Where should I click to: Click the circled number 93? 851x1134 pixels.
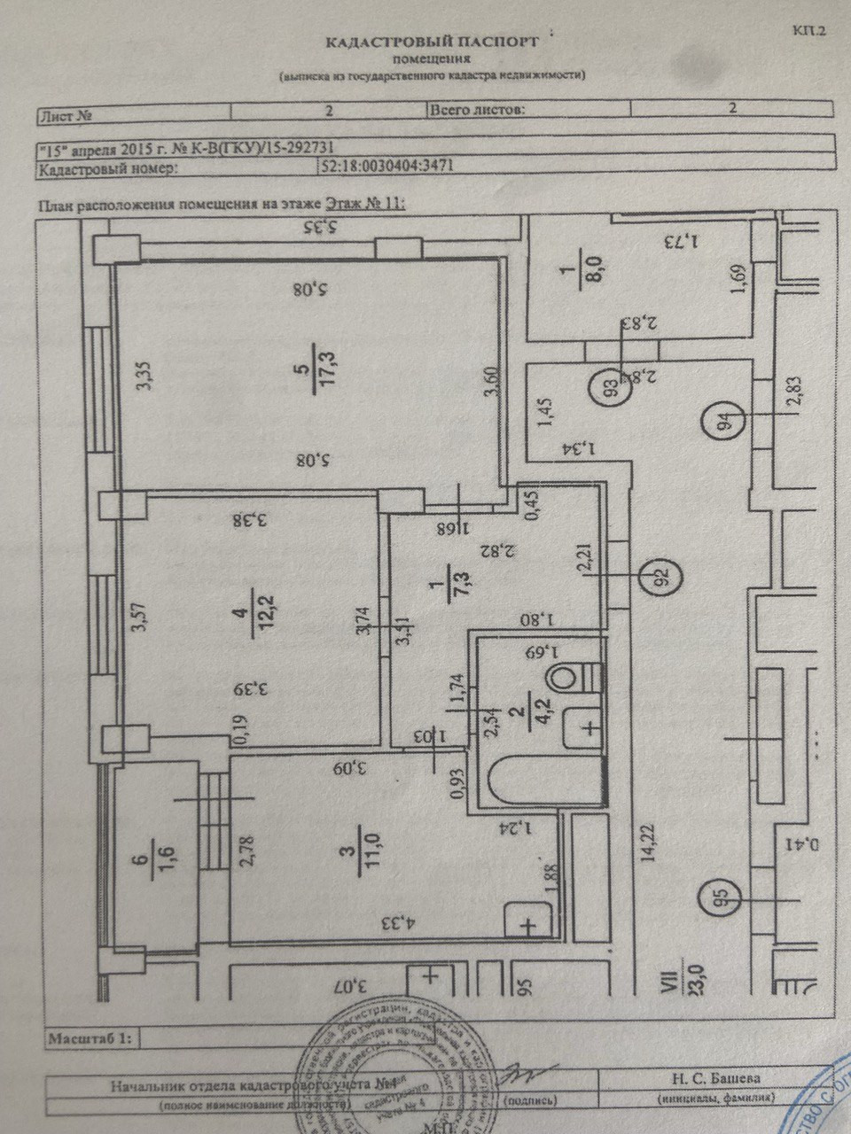pyautogui.click(x=608, y=388)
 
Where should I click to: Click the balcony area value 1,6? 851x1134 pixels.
pyautogui.click(x=165, y=859)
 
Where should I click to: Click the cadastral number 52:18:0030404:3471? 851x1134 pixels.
pyautogui.click(x=388, y=166)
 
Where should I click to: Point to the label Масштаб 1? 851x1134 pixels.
pyautogui.click(x=89, y=1037)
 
